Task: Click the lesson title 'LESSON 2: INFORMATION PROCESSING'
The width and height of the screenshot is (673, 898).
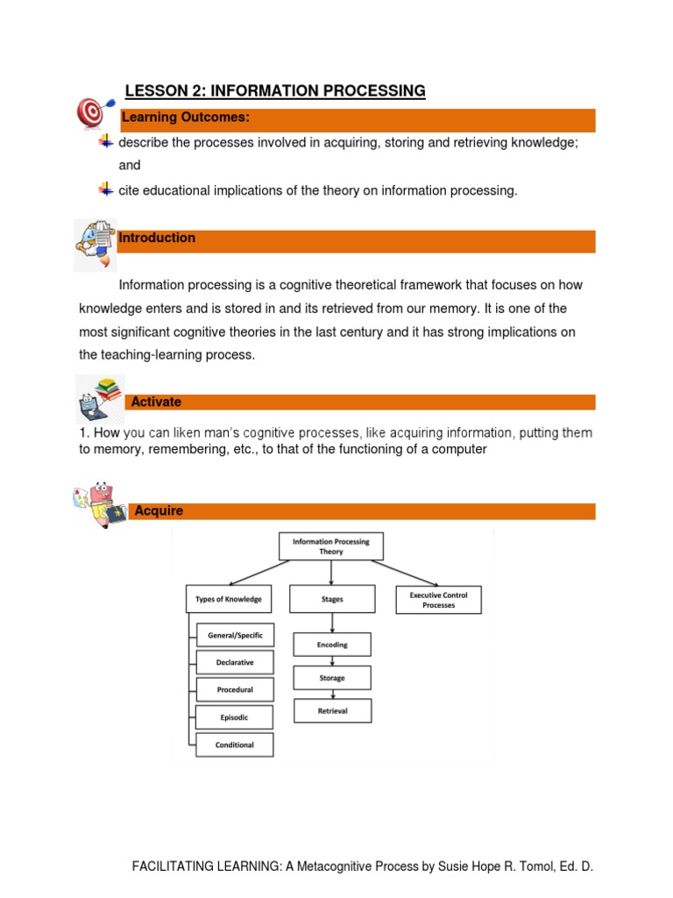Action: pos(275,91)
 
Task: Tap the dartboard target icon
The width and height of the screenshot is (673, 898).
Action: pos(91,112)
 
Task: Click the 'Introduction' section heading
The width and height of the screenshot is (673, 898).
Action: pos(157,239)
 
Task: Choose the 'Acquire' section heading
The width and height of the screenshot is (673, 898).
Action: pos(159,511)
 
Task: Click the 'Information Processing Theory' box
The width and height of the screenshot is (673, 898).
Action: pos(330,547)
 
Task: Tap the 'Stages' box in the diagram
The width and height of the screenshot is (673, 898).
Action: pos(332,600)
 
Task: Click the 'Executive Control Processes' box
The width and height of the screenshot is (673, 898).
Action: pos(438,600)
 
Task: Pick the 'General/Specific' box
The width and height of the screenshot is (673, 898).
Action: pos(235,635)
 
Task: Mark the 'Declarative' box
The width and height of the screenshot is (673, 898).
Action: pos(235,662)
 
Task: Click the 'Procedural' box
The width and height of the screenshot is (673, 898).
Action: pos(235,690)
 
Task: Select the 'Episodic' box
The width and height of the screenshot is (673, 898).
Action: pos(235,717)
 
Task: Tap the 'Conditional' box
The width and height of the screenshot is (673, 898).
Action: pos(235,745)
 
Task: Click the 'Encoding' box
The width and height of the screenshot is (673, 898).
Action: pos(332,645)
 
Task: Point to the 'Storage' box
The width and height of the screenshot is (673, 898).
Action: pos(332,678)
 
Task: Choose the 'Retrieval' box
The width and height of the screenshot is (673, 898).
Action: pos(332,711)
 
